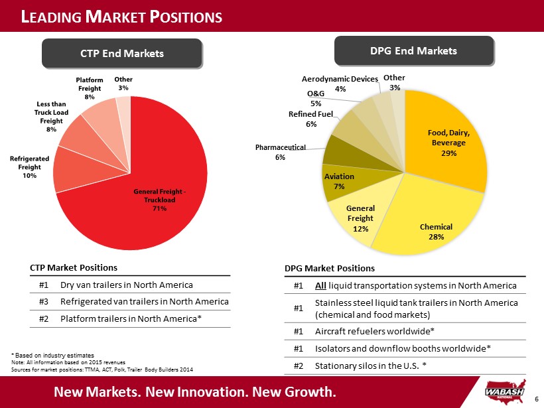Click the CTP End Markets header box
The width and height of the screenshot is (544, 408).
pos(121,53)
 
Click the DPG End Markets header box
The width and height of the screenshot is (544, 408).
pos(413,50)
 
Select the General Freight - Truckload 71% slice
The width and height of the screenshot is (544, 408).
pos(159,199)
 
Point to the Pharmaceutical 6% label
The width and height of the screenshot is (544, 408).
pos(280,152)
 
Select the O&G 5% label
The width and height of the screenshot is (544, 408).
pos(316,98)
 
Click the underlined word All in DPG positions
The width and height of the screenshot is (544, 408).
pos(320,285)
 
